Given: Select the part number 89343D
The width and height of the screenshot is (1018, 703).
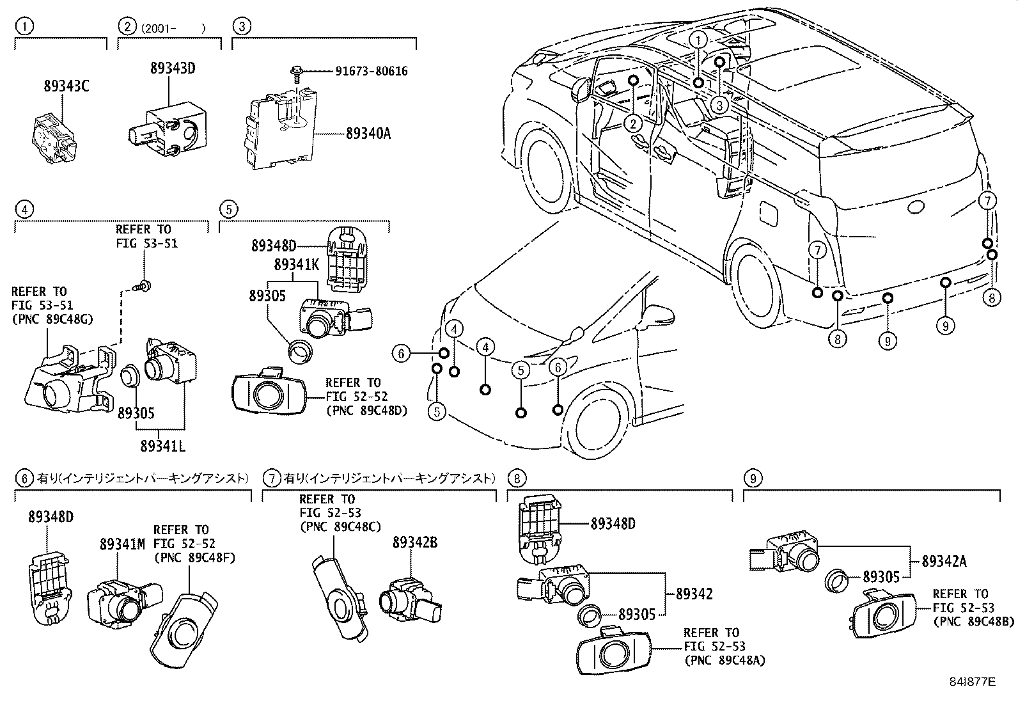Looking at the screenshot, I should pos(172,68).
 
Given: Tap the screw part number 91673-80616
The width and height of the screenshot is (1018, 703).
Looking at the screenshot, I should pos(371,72).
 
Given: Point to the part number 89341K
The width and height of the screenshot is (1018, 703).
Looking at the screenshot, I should pos(296,264).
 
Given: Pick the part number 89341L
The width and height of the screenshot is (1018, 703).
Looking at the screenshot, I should pos(163,446).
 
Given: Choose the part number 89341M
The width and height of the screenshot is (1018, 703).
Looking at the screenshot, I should pos(122,544).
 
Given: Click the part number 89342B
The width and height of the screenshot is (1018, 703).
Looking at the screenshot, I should pos(414,542).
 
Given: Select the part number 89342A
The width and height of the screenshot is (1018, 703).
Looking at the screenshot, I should pos(944,562).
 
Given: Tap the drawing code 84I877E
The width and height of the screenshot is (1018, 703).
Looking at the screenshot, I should pos(973,682).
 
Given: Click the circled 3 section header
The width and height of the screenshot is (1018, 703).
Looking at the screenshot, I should pos(241,26).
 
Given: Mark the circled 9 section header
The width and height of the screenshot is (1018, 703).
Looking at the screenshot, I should pos(753,478).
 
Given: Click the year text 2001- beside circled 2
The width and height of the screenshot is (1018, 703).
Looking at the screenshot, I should pos(172,28).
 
